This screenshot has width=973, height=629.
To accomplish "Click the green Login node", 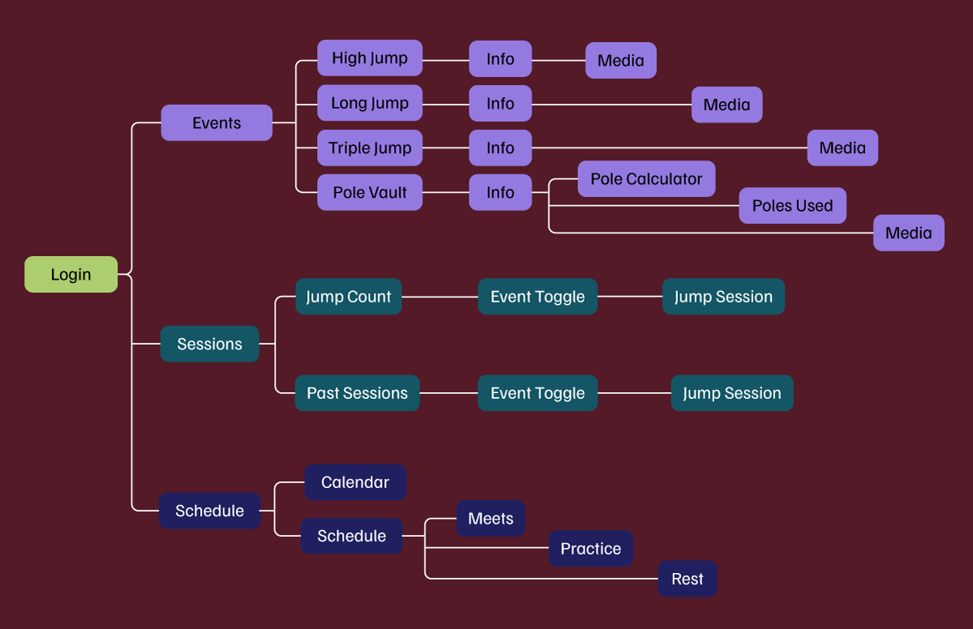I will tap(71, 275).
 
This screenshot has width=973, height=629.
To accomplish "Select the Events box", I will tap(216, 123).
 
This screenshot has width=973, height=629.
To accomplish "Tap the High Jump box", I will tap(369, 58).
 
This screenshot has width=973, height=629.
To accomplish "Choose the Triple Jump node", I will tap(369, 148).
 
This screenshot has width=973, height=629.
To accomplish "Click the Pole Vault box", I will tap(369, 193).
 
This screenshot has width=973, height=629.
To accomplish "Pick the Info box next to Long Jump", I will tap(500, 104).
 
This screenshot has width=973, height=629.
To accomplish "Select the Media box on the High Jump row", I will tap(620, 61).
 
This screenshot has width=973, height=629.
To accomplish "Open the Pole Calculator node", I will tap(646, 179).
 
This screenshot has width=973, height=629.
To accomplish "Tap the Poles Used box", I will tap(792, 206).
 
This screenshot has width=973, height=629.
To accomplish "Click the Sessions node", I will tap(209, 344).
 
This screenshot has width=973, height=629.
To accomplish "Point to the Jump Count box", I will tap(348, 297).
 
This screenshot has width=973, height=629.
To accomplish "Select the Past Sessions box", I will tap(357, 393).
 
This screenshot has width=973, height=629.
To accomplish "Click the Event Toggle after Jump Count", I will tap(538, 297).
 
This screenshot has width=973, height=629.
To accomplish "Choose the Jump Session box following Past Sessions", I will tap(731, 393).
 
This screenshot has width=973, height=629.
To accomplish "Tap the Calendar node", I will tap(355, 482).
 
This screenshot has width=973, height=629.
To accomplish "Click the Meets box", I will tap(491, 519).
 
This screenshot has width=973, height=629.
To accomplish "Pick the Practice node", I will tap(590, 549).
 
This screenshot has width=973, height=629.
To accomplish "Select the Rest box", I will tap(687, 579).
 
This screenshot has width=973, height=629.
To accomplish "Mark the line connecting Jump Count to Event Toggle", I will tap(439, 297).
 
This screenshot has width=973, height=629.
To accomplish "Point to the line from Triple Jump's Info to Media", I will tap(669, 148).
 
